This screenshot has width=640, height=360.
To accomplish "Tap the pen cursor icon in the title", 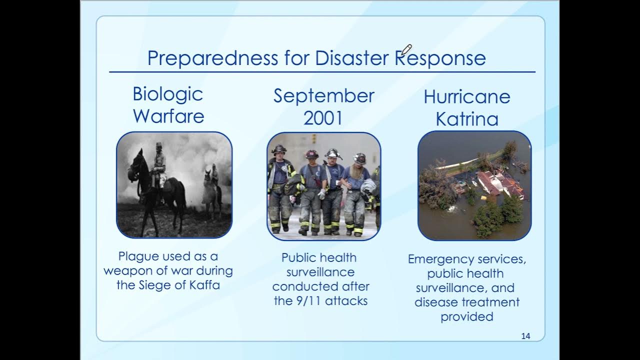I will tap(406, 49).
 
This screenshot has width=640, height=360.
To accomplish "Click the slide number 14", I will tap(525, 336).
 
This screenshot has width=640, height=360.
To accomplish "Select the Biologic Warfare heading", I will tap(168, 105).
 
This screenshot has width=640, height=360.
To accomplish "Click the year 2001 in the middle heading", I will tap(323, 118).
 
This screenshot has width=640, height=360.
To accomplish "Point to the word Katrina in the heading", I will tap(467, 119).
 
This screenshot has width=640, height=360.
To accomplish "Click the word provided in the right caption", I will tap(467, 316).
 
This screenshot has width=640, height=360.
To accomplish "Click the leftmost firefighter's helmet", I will tap(278, 149).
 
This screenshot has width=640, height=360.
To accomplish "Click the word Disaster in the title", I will tap(352, 58).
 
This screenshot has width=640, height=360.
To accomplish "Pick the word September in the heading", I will tap(323, 95).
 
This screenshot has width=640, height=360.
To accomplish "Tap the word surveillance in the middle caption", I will tap(320, 272).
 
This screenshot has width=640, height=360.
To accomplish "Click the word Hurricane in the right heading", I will tap(466, 96).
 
